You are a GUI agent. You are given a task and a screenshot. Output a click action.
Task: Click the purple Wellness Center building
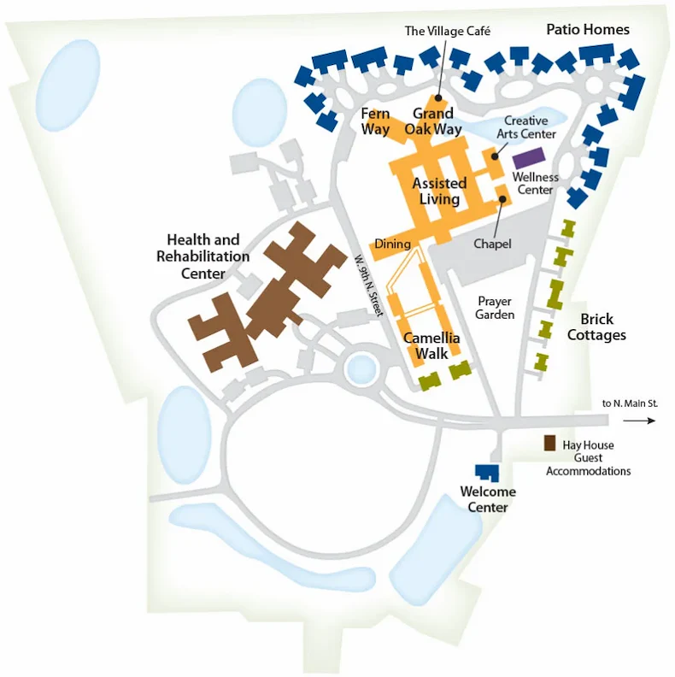click(528, 158)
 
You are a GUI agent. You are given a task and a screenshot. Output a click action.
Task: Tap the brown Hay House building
click(550, 444)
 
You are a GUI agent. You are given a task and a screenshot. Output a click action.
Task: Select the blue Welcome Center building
click(487, 473)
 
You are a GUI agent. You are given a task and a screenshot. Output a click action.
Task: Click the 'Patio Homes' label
click(588, 30)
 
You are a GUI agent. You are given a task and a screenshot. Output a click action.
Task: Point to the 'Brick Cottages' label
click(596, 327)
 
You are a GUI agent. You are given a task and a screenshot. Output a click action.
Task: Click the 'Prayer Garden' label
click(496, 308)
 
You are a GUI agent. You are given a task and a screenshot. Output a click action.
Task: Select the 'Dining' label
click(392, 244)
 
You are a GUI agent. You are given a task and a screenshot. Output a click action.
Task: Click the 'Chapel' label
click(492, 244)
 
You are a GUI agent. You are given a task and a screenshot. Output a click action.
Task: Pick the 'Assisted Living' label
click(439, 191)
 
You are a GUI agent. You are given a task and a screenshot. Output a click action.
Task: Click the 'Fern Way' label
click(375, 121)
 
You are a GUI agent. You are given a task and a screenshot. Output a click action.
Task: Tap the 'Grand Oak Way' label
click(433, 121)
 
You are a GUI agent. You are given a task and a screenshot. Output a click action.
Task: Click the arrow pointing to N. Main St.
click(644, 420)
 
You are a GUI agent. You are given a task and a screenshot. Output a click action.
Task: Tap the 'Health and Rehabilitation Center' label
click(202, 256)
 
